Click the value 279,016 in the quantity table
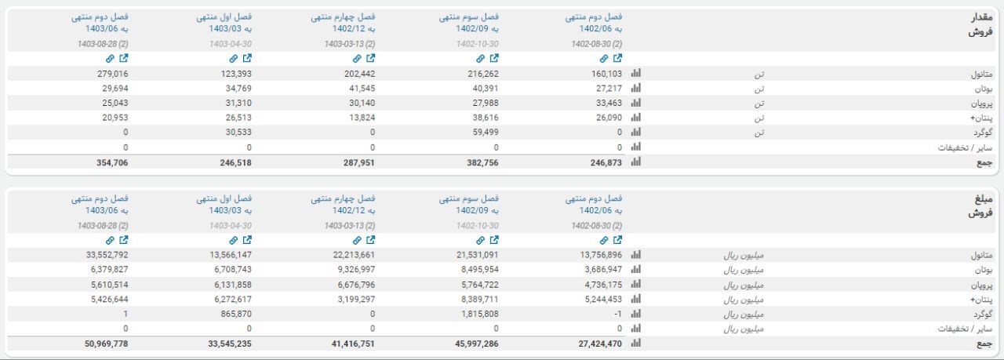pos(110,73)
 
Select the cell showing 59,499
pos(482,133)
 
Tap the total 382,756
pos(480,162)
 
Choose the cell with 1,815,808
pos(476,315)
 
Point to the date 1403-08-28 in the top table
pos(103,43)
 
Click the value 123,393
pos(234,73)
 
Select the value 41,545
pos(358,88)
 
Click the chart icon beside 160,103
pos(636,73)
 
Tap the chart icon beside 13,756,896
pos(636,255)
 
